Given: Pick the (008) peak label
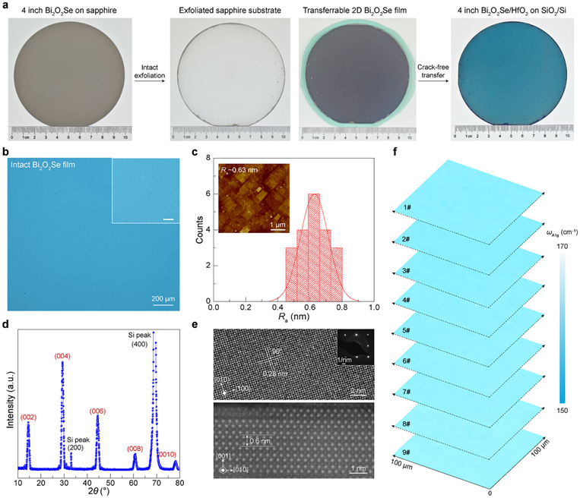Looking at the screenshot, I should [134, 448].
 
